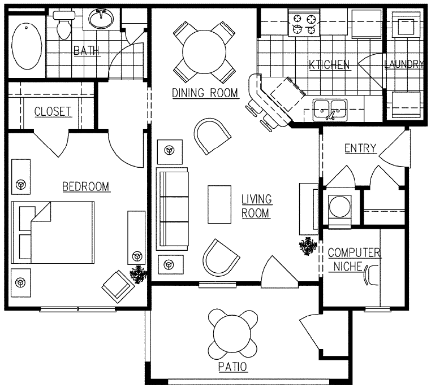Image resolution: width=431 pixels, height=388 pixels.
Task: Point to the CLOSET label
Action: pyautogui.click(x=53, y=111)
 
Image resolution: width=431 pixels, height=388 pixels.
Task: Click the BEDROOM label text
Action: pyautogui.click(x=85, y=186)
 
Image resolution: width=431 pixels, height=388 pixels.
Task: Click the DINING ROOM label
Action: pyautogui.click(x=205, y=93)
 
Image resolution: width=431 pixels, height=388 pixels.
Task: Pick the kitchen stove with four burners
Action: pyautogui.click(x=304, y=24)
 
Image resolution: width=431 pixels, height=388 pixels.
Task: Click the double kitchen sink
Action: pyautogui.click(x=330, y=108)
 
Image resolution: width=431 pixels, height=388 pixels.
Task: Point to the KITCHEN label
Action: pyautogui.click(x=330, y=64)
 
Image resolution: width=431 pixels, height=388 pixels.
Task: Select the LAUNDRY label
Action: pyautogui.click(x=403, y=64)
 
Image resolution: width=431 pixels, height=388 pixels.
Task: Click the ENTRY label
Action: pyautogui.click(x=360, y=148)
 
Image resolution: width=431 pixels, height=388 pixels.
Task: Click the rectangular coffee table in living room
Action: pyautogui.click(x=219, y=204)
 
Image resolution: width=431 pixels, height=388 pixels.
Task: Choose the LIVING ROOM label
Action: pyautogui.click(x=256, y=206)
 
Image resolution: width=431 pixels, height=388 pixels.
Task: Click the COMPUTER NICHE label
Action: pyautogui.click(x=354, y=259)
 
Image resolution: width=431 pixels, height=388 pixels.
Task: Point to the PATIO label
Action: pyautogui.click(x=232, y=367)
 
